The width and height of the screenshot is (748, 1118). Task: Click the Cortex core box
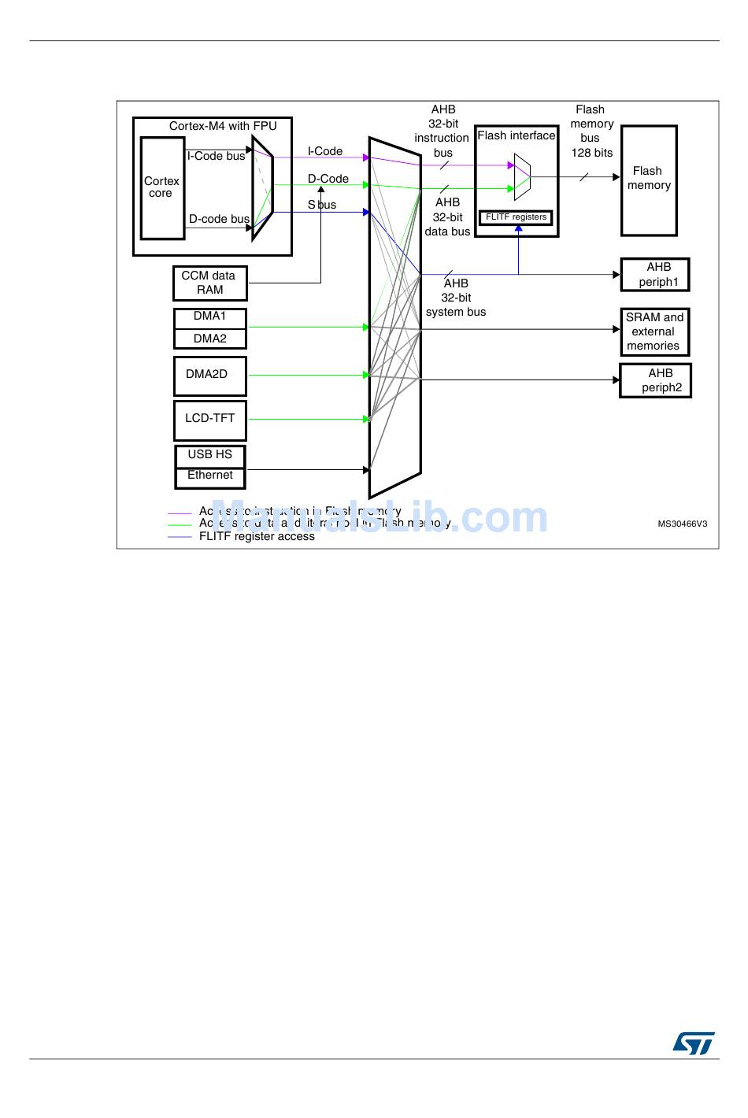pos(162,187)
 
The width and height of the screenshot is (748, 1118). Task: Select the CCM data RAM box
pos(209,283)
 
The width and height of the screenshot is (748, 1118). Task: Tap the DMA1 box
pos(210,317)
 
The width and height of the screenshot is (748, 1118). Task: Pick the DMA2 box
pos(210,339)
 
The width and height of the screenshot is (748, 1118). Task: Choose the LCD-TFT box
pos(209,420)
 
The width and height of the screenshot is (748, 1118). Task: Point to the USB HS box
pos(209,455)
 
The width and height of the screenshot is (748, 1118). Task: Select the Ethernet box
pos(209,476)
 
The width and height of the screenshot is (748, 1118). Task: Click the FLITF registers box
pos(516,217)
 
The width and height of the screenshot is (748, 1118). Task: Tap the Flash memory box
pos(648,180)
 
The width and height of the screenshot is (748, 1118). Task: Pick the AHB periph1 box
pos(655,275)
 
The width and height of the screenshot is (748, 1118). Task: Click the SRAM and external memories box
pos(654,331)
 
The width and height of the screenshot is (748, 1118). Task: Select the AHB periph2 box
pos(655,380)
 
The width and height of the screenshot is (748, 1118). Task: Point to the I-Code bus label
pos(216,156)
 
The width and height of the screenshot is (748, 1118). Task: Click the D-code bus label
pos(219,219)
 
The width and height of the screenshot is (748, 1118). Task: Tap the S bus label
pos(322,205)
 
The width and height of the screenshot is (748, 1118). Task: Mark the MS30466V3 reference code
pos(682,524)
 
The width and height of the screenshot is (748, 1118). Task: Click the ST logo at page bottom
pos(693,1043)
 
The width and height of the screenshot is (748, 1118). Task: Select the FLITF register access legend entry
pos(257,537)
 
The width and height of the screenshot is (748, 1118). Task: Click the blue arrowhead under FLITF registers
pos(518,229)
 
